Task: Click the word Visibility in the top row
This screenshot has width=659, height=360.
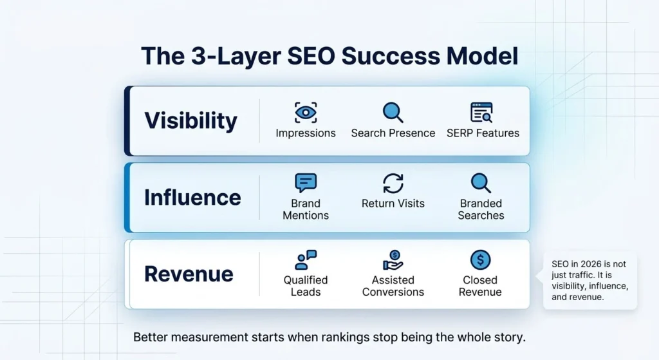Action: click(190, 120)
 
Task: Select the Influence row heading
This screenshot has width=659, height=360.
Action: click(192, 197)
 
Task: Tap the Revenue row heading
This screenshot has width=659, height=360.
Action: click(189, 274)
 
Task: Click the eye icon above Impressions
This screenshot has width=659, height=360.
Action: click(305, 112)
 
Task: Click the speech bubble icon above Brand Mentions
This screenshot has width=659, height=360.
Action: click(305, 183)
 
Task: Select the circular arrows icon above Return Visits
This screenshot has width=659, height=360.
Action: click(393, 183)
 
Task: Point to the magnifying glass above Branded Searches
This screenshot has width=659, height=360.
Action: click(481, 183)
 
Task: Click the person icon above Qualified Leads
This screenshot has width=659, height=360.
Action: click(305, 260)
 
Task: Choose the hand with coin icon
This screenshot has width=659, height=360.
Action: click(393, 260)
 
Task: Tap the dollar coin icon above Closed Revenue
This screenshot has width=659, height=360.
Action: click(480, 260)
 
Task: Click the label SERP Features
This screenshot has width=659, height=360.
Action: click(483, 133)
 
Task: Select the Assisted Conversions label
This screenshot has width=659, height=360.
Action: click(393, 286)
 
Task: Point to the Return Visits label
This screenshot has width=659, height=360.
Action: click(393, 204)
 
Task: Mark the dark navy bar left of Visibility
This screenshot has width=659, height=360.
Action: click(127, 120)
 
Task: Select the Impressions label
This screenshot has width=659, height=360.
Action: click(305, 133)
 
